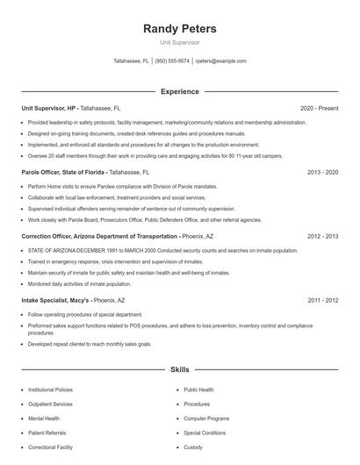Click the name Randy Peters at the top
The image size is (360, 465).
[179, 29]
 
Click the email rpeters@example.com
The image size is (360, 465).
[220, 61]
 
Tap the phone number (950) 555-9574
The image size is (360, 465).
[172, 61]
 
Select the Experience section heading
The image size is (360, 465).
[179, 91]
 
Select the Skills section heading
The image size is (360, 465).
[179, 369]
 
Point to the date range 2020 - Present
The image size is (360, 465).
[319, 108]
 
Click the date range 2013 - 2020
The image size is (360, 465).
[322, 173]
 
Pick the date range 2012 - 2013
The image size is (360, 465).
[322, 237]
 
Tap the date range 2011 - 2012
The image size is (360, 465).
[322, 300]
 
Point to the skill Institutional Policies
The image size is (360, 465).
[50, 389]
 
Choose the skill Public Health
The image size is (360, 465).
[198, 389]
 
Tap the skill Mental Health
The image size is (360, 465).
[43, 418]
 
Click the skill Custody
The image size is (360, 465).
[193, 447]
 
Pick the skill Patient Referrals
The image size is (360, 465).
[47, 433]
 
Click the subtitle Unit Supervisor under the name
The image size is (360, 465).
[179, 41]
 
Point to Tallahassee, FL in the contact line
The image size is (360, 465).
[131, 61]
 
